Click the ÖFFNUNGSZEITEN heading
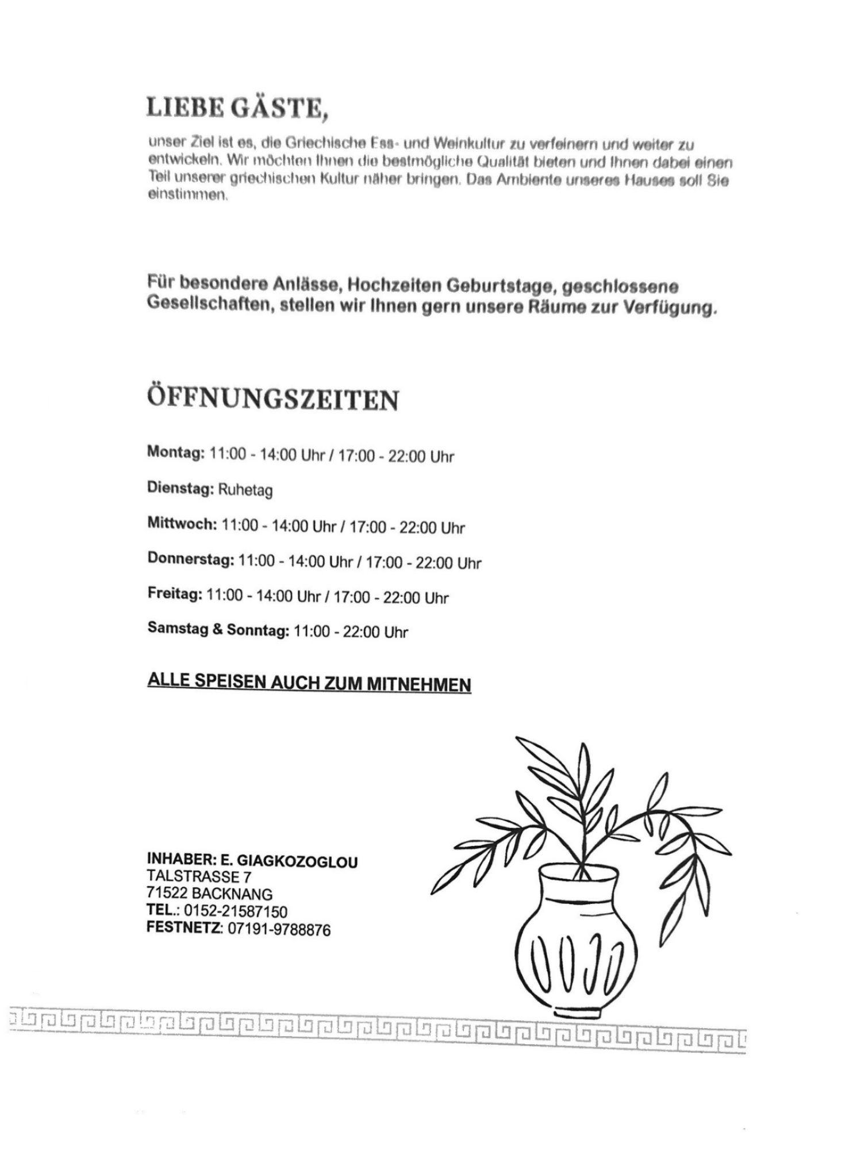273,398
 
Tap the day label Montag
175,452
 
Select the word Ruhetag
245,490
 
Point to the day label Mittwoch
182,524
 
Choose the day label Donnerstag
190,559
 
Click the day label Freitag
174,594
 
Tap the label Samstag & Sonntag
218,629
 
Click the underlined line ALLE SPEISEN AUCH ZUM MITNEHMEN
309,682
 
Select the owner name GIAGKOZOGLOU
297,861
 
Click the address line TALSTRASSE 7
199,877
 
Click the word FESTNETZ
184,928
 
